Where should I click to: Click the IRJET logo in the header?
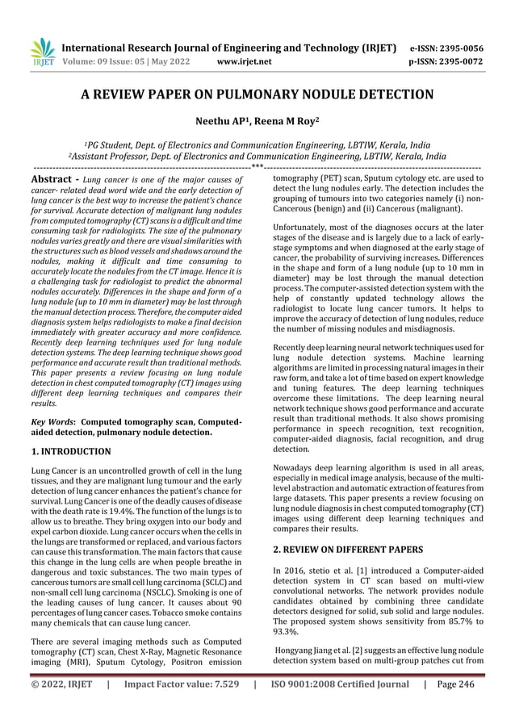click(41, 50)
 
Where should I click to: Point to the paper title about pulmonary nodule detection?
click(257, 94)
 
